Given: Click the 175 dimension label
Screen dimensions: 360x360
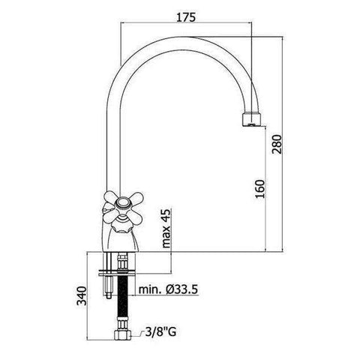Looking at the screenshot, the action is pyautogui.click(x=185, y=17).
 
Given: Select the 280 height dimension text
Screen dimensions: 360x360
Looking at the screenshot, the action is pyautogui.click(x=277, y=145).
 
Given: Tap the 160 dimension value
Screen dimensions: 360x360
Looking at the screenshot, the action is pyautogui.click(x=260, y=189).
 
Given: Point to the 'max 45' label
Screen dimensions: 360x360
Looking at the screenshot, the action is pyautogui.click(x=166, y=228).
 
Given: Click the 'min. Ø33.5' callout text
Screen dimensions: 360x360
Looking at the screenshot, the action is pyautogui.click(x=168, y=289).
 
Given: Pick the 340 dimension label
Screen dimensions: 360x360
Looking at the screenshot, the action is pyautogui.click(x=82, y=296).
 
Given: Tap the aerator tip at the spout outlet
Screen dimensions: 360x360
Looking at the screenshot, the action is pyautogui.click(x=252, y=120).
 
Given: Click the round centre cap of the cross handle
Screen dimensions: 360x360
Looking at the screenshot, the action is pyautogui.click(x=122, y=202).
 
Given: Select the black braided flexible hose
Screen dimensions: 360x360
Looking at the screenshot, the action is pyautogui.click(x=122, y=297).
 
